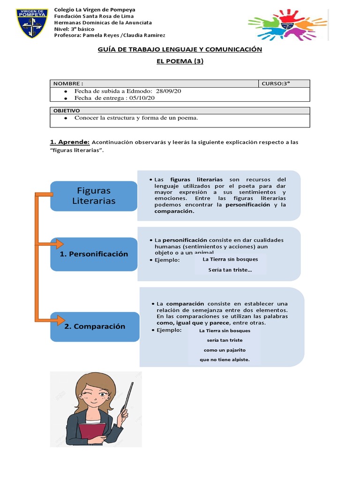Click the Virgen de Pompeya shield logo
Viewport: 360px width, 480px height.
click(x=32, y=22)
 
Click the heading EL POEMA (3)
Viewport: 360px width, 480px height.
click(x=180, y=61)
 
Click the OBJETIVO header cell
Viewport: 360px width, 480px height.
click(x=67, y=111)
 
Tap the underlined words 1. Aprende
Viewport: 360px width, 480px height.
click(x=69, y=142)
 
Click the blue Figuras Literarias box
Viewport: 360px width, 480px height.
click(x=94, y=196)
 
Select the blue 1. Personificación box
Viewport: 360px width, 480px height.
click(x=94, y=254)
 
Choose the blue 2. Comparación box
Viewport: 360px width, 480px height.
click(x=95, y=326)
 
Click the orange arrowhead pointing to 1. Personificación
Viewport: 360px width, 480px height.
click(x=59, y=244)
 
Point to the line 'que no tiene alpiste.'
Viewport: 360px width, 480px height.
click(x=225, y=360)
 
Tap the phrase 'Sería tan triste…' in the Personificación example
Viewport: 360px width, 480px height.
click(x=230, y=270)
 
